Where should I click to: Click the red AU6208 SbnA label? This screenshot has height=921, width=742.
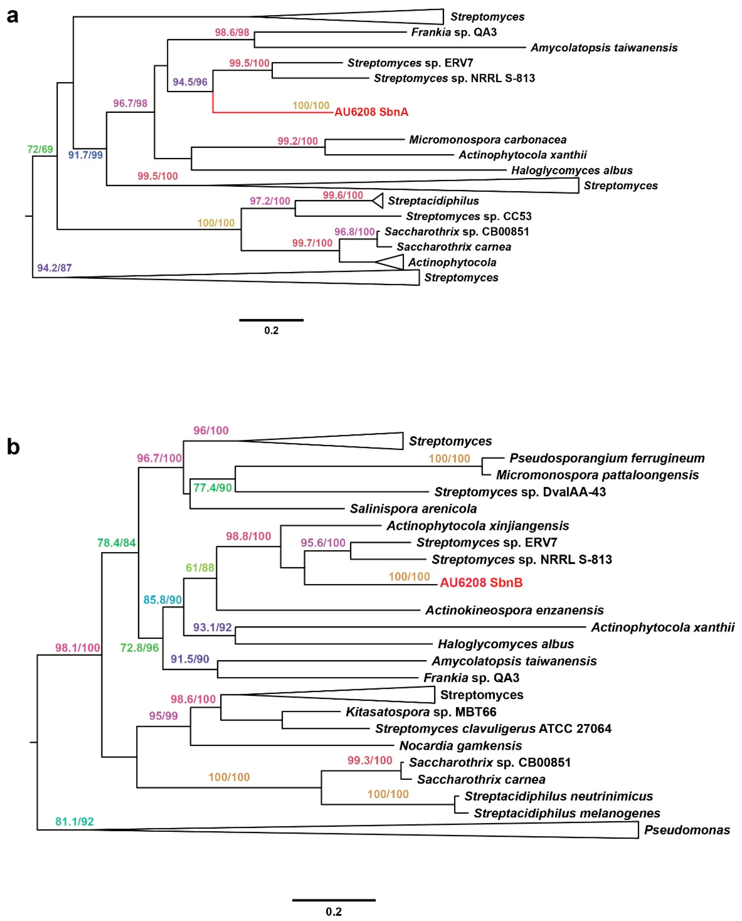pos(371,112)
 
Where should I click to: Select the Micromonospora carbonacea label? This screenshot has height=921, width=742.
pos(487,140)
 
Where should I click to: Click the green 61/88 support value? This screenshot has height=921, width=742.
pos(200,567)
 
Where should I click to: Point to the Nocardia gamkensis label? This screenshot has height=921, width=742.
pos(460,746)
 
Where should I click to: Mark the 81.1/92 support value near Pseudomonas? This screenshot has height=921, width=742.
pos(74,821)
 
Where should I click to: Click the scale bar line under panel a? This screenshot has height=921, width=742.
pos(271,320)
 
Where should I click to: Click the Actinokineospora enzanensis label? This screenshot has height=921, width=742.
pos(514,610)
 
